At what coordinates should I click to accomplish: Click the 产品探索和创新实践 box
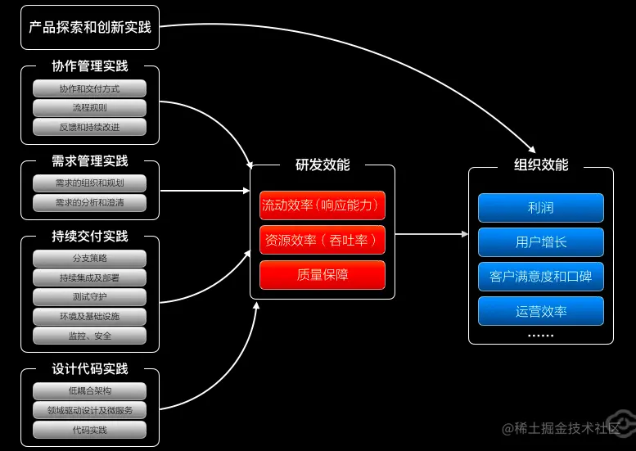(90, 28)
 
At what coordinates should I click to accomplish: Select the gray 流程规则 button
(90, 108)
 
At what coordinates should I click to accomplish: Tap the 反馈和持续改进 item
(90, 127)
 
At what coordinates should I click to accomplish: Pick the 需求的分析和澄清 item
(90, 203)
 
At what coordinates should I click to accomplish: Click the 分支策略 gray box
(90, 259)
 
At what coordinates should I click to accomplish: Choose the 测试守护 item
(90, 297)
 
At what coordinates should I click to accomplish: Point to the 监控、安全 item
(90, 336)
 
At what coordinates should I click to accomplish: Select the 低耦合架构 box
(90, 391)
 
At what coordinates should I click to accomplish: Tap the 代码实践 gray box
(90, 430)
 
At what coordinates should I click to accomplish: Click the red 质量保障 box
(323, 275)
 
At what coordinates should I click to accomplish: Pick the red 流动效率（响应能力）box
(323, 205)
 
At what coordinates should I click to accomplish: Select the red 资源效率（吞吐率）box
(323, 240)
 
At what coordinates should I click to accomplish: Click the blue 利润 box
(541, 208)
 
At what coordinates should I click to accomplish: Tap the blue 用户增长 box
(541, 242)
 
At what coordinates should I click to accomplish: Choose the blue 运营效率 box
(541, 311)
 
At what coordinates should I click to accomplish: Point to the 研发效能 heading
(323, 165)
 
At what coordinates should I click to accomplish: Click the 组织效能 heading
(541, 165)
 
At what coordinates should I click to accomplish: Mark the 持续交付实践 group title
(90, 236)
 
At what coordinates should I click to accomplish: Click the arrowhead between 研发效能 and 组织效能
(465, 234)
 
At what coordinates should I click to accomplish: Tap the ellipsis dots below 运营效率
(541, 336)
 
